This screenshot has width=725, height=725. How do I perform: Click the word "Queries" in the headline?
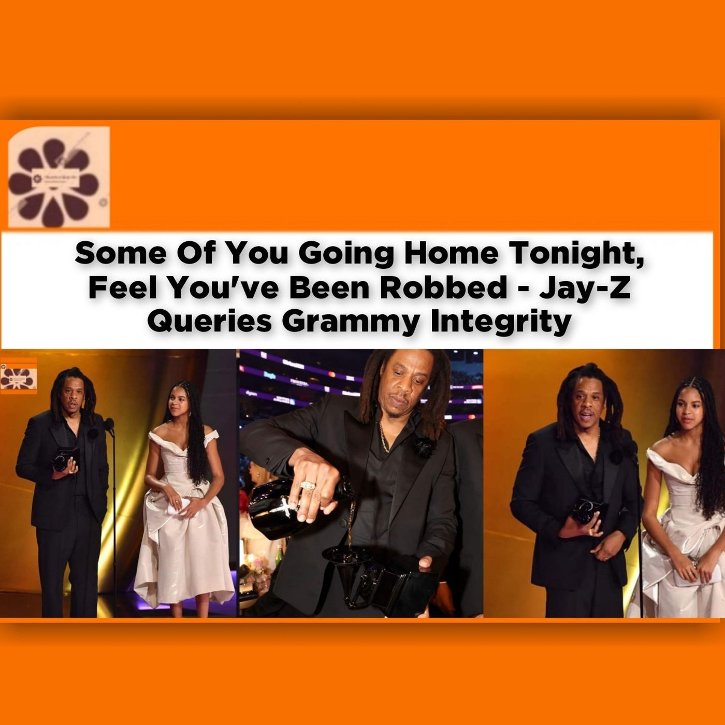(210, 322)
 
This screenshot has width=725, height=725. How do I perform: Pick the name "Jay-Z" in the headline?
(585, 288)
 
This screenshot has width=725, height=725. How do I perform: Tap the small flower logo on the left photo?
(19, 379)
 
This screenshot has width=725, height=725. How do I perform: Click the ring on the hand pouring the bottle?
(307, 485)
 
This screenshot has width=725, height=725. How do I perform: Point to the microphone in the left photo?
(109, 426)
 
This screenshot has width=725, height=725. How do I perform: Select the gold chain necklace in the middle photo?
(383, 438)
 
